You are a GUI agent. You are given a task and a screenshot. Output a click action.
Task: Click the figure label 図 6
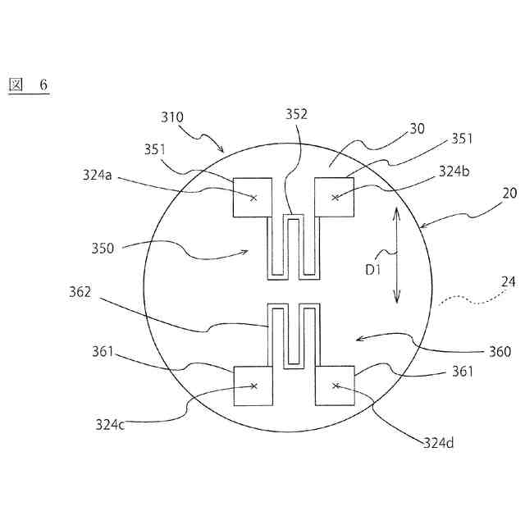pos(28,85)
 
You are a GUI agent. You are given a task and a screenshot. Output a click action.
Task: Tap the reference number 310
pos(172,117)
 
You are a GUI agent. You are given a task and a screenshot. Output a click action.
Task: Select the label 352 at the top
pos(296,115)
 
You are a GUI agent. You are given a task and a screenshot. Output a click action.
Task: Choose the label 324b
pos(454,171)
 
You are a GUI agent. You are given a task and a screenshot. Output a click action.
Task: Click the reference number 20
pos(509,194)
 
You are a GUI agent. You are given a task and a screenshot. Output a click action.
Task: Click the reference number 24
pos(508,281)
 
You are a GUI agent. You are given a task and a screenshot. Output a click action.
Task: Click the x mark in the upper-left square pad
pos(253,198)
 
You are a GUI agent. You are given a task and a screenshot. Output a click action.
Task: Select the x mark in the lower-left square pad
pos(253,386)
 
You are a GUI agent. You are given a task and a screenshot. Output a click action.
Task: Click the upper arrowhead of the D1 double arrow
pos(396,210)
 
